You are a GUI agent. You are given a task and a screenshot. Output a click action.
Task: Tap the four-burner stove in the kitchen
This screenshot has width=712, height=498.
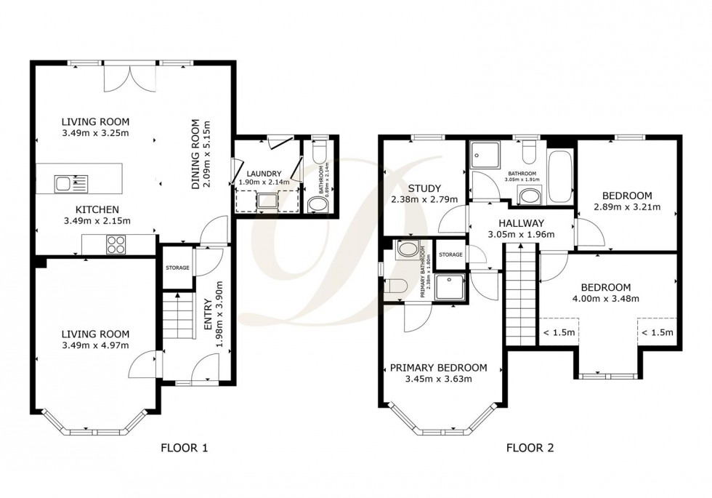coord(117,245)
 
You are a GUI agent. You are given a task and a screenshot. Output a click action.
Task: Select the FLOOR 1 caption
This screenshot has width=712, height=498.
coord(184,448)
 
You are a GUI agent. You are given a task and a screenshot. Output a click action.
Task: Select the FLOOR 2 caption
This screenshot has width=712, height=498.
coord(530,448)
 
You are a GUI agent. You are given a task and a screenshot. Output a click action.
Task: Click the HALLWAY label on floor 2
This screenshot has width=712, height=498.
coord(518,222)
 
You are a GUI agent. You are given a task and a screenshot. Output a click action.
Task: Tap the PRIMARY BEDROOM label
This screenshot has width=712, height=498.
coord(438,367)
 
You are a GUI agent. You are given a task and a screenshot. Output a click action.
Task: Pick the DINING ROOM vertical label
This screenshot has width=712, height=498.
coord(195,164)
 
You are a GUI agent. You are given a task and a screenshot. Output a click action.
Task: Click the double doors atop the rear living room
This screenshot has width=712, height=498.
coord(129,77)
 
